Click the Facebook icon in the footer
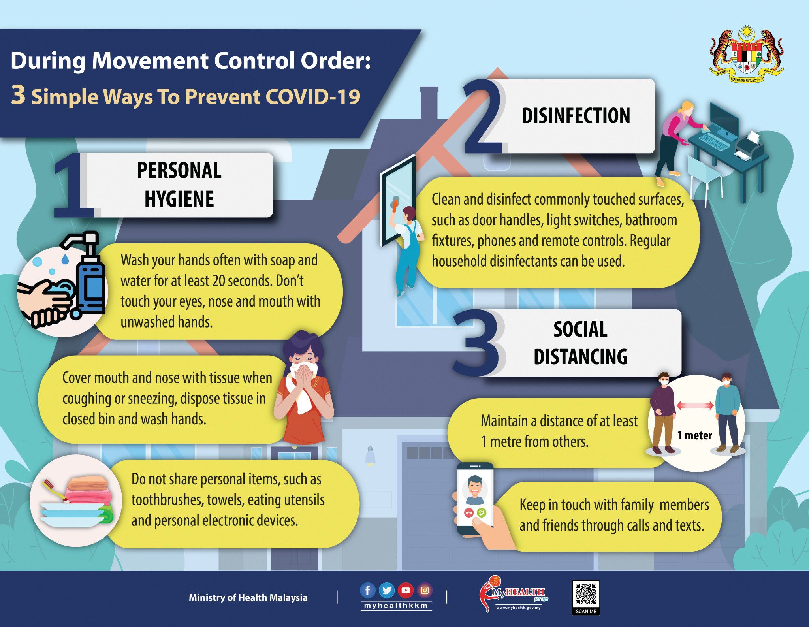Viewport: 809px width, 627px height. tap(367, 591)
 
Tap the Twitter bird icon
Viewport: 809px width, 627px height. tap(387, 591)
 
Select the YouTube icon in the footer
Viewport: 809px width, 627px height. tap(406, 591)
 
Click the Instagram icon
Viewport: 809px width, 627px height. tap(425, 591)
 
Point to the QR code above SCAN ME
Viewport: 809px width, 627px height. tap(586, 594)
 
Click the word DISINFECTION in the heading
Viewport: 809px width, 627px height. tap(576, 116)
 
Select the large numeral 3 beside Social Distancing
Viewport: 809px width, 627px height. tap(479, 343)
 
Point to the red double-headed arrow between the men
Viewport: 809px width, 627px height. tap(695, 405)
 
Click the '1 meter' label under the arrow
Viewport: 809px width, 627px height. tap(694, 435)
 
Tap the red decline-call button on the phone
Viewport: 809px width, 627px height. tap(469, 513)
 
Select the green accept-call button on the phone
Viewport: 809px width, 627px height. tap(482, 513)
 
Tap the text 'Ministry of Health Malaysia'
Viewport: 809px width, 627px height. tap(248, 597)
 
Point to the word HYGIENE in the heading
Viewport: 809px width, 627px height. tap(179, 199)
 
